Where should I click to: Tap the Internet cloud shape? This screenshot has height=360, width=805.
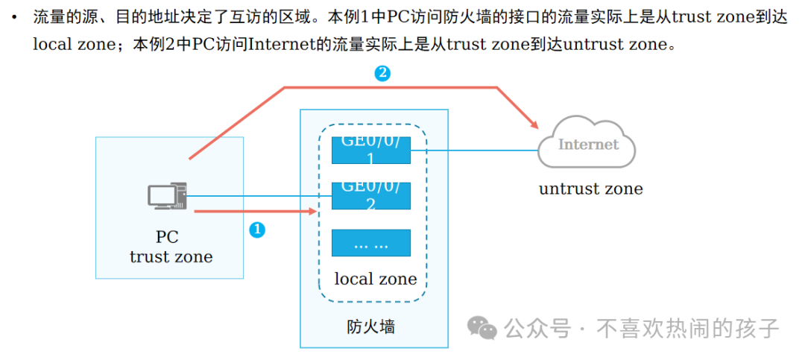pos(587,143)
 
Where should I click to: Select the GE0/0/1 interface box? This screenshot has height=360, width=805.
pos(371,149)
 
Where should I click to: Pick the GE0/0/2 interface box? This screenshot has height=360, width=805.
pos(371,195)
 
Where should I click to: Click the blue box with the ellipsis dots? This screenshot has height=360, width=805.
pos(371,243)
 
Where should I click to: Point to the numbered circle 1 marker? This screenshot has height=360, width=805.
pos(256,230)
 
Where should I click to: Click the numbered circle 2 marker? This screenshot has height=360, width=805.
pos(382,73)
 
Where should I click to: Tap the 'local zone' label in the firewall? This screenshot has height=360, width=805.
pos(375,280)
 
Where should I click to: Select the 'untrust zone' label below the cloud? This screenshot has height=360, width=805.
pos(590,189)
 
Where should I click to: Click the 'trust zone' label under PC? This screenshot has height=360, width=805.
pos(171,257)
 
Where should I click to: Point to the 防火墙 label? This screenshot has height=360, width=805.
pos(370,326)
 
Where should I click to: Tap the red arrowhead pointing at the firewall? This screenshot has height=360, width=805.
pos(312,212)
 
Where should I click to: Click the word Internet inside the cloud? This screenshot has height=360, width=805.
pos(588,144)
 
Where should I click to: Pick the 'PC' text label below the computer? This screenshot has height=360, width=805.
pos(167,237)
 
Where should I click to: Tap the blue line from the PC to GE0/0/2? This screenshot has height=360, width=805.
pos(253,197)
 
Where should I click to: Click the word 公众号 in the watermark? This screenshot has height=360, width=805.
pos(537,328)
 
